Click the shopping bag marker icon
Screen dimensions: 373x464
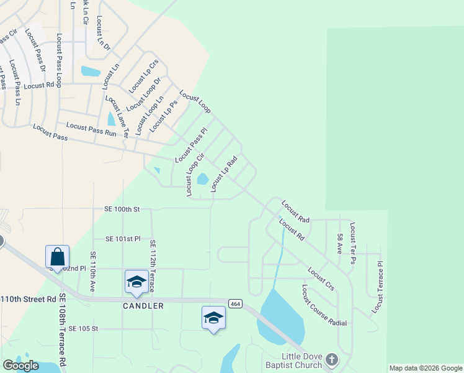[57, 257]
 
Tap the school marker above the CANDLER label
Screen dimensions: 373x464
[136, 282]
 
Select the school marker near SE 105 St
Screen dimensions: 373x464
[213, 318]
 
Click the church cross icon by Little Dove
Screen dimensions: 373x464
[332, 360]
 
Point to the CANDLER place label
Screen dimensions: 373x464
[143, 306]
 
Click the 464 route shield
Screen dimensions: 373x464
[234, 303]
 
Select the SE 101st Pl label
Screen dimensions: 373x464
[123, 239]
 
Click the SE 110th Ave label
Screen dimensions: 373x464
[93, 272]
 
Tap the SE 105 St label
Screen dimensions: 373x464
[84, 328]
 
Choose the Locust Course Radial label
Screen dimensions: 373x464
[324, 305]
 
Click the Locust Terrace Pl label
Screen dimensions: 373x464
[378, 287]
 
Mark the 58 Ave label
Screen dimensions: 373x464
[340, 246]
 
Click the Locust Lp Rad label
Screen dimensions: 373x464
[224, 174]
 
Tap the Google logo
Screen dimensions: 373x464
[20, 366]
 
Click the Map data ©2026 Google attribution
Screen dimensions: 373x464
[426, 368]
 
